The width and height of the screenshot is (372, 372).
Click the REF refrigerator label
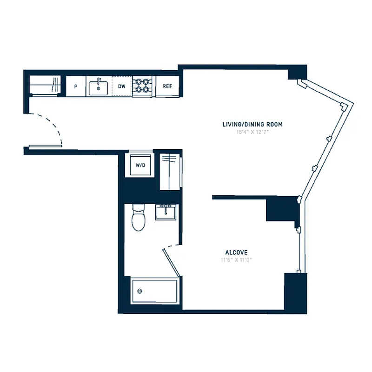coord(167,86)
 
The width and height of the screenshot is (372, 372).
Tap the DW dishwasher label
coord(122,86)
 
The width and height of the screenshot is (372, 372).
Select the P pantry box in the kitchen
coord(75,86)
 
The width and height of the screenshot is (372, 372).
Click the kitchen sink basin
coord(99,87)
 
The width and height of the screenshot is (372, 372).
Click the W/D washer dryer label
coord(140,165)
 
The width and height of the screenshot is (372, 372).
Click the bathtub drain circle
coord(139,292)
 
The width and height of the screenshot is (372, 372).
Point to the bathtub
coord(154,291)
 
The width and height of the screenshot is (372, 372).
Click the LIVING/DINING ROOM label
coord(252,125)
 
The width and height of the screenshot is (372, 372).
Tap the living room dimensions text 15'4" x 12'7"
coord(252,132)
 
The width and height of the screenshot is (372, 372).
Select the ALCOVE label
coord(236,252)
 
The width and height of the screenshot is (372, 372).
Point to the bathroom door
coord(171,262)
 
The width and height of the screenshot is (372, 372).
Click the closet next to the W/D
coord(171,173)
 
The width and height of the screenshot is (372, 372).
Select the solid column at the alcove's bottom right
coord(295,292)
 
